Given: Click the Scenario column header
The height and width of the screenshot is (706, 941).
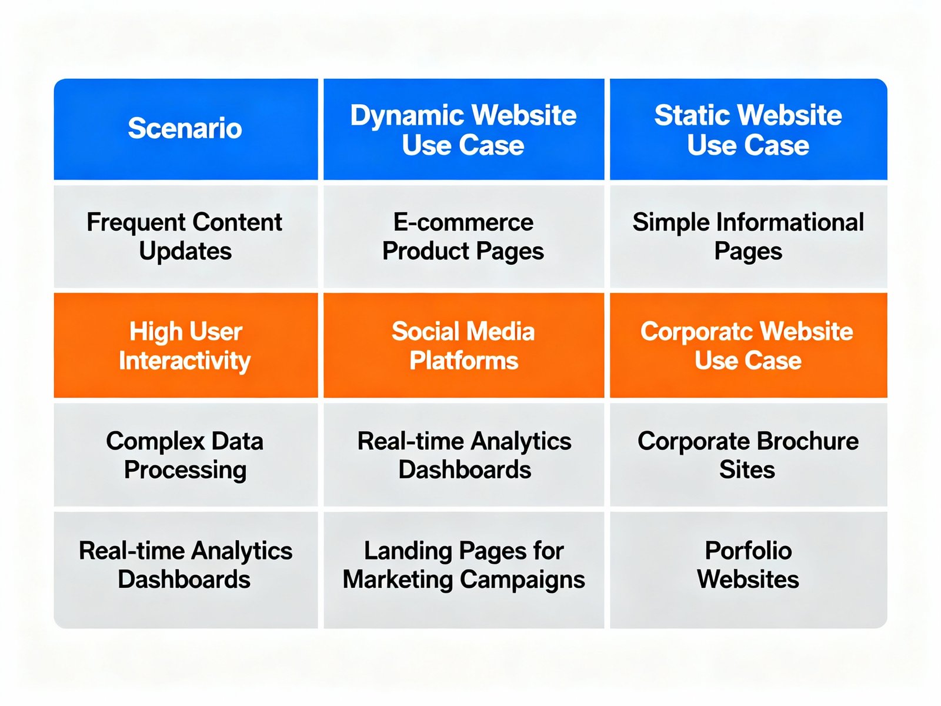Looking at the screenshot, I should pyautogui.click(x=185, y=129).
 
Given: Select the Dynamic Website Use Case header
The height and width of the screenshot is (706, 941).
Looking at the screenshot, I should pyautogui.click(x=463, y=130).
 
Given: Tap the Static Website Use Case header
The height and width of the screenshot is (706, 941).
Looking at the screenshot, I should pyautogui.click(x=748, y=130).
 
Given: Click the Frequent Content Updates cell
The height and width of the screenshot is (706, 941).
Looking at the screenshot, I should pyautogui.click(x=185, y=237).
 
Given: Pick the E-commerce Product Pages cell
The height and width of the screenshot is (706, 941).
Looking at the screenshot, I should pyautogui.click(x=463, y=237).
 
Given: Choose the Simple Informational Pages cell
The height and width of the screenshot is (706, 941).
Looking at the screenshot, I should pyautogui.click(x=748, y=237).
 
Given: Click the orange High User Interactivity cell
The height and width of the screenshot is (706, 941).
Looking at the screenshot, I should pyautogui.click(x=185, y=346).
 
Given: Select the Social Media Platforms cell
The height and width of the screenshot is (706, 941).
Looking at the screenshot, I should pyautogui.click(x=463, y=346).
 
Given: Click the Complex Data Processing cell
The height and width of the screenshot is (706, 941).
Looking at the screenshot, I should pyautogui.click(x=185, y=455).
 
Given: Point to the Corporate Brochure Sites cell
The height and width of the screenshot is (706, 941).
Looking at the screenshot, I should pyautogui.click(x=748, y=455).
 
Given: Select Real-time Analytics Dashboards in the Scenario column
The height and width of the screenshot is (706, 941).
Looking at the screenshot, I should pyautogui.click(x=185, y=565).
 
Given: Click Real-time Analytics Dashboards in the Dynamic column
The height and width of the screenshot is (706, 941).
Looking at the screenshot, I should pyautogui.click(x=464, y=455).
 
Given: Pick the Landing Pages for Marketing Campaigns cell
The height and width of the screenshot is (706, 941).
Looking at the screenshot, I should pyautogui.click(x=463, y=565).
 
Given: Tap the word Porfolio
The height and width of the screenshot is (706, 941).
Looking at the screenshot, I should pyautogui.click(x=748, y=551).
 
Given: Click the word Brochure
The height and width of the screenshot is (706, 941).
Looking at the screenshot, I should pyautogui.click(x=807, y=441).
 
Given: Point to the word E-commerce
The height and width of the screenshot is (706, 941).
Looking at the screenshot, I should pyautogui.click(x=463, y=222).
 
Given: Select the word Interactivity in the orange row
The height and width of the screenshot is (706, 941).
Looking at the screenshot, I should pyautogui.click(x=185, y=361).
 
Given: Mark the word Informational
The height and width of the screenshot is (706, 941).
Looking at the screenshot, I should pyautogui.click(x=790, y=222).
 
